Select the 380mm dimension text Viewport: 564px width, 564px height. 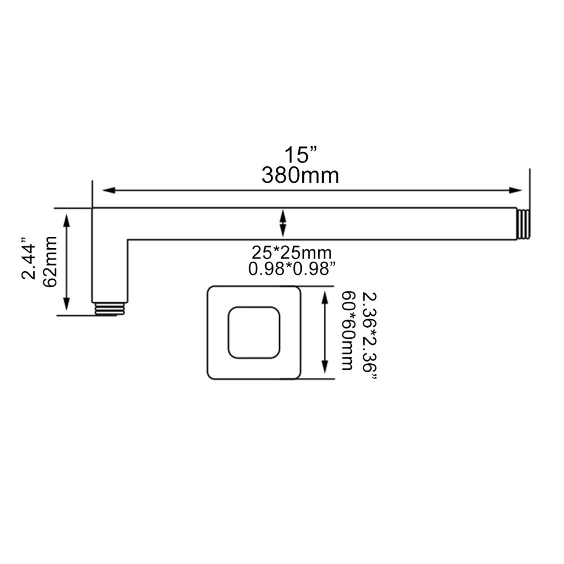pyautogui.click(x=300, y=175)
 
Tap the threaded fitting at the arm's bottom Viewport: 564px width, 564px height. pyautogui.click(x=109, y=309)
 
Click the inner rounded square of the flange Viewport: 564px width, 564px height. pyautogui.click(x=253, y=332)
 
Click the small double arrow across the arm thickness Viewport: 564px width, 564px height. pyautogui.click(x=283, y=223)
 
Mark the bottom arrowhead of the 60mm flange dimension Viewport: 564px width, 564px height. pyautogui.click(x=324, y=369)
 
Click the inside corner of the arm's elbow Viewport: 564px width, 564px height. pyautogui.click(x=127, y=239)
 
